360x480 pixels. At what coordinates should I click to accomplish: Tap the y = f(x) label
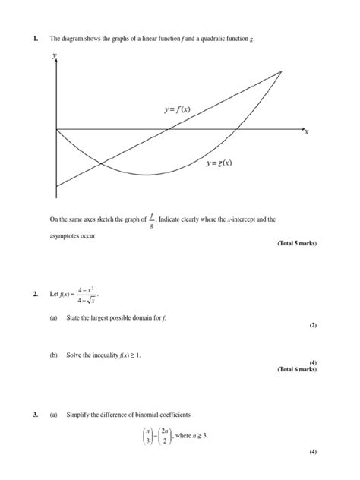[177, 109]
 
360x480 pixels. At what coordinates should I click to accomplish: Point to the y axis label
[54, 55]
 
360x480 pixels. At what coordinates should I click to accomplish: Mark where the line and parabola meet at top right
[282, 71]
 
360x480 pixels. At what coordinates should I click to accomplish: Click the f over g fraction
[152, 219]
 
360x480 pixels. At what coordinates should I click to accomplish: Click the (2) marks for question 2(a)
[312, 325]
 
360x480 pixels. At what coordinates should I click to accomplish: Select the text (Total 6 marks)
[292, 369]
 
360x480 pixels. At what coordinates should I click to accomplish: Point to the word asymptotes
[65, 236]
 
